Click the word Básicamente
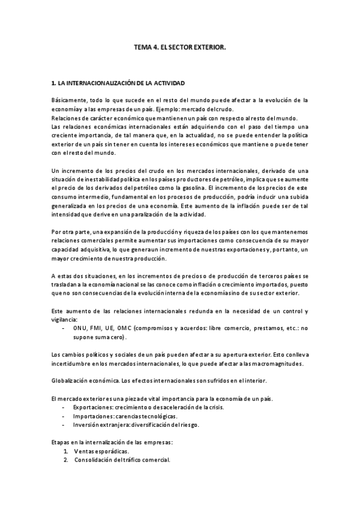point(70,100)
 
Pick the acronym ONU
point(80,328)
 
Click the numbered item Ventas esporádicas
point(101,452)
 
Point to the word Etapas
point(62,443)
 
